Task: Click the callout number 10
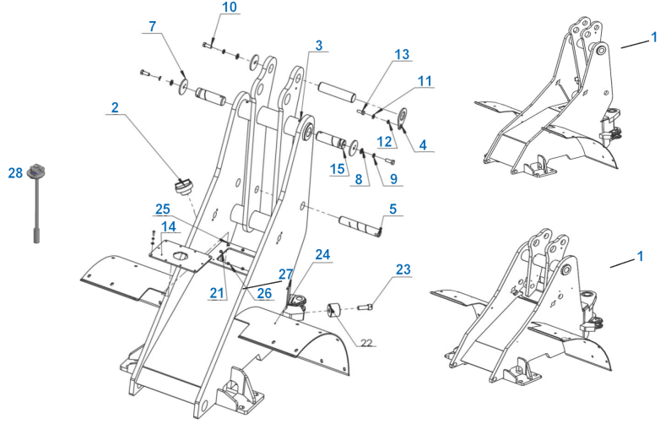click(x=206, y=8)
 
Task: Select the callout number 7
click(x=152, y=26)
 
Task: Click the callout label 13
click(x=401, y=54)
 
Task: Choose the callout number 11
click(x=424, y=81)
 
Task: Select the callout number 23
click(x=403, y=269)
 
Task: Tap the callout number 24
click(x=323, y=253)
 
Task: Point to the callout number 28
click(x=15, y=173)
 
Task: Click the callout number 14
click(x=169, y=227)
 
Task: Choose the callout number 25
click(x=162, y=208)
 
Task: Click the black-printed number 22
click(x=365, y=342)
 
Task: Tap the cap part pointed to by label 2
click(x=182, y=183)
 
